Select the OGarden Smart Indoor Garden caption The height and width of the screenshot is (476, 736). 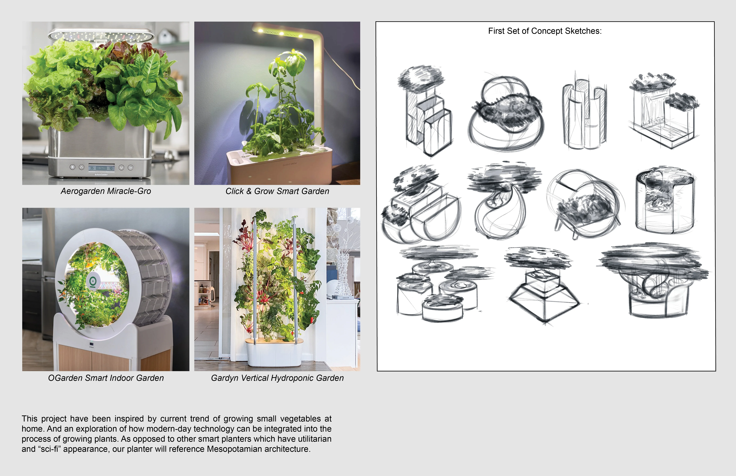point(106,378)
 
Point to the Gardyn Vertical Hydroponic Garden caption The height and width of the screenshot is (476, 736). point(277,378)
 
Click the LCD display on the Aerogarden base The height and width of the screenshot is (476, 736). point(101,168)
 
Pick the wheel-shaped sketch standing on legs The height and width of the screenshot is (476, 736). point(584,204)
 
